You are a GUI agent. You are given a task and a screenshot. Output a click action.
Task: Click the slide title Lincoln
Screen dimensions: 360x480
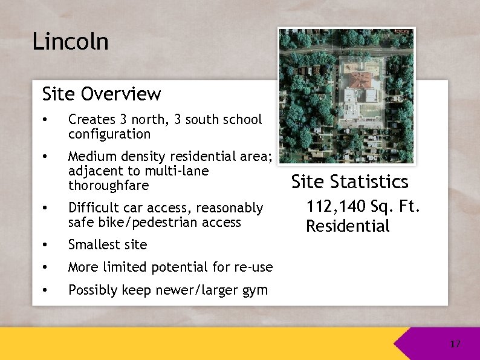[70, 42]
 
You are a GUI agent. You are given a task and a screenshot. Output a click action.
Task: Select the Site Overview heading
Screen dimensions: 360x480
[102, 94]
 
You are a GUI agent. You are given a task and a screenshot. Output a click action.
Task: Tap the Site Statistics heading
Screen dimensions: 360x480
[349, 182]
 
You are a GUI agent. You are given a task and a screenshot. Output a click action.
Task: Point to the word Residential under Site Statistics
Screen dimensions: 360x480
[348, 226]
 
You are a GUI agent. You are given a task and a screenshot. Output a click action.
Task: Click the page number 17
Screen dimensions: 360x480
[455, 344]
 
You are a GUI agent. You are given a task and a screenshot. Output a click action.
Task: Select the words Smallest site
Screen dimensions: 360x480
[108, 244]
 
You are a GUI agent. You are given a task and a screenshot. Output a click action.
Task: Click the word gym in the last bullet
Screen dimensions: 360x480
[255, 290]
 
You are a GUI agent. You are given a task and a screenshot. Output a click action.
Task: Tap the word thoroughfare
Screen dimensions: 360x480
[108, 185]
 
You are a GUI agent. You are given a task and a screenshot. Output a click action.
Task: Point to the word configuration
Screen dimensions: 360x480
[109, 134]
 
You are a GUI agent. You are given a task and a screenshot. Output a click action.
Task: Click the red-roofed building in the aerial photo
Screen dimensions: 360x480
[360, 80]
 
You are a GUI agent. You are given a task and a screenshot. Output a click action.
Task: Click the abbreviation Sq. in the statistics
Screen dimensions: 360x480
[381, 206]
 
